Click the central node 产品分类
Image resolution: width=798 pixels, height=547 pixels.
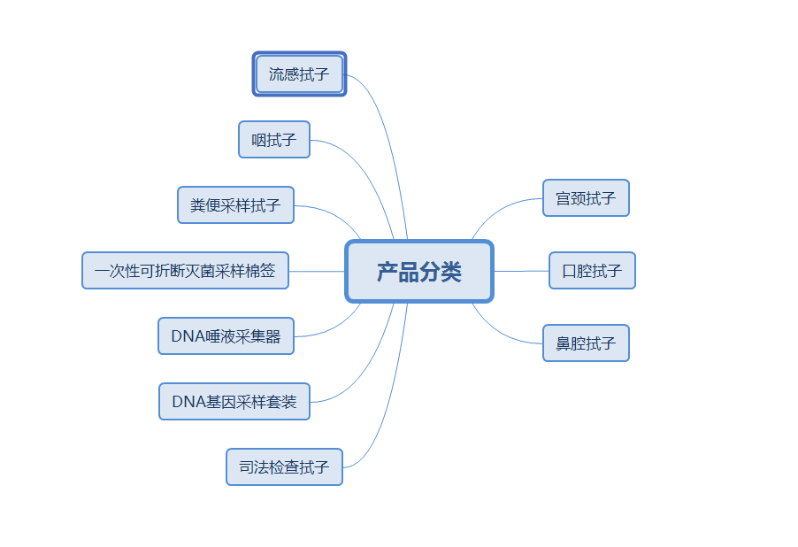[x=418, y=272]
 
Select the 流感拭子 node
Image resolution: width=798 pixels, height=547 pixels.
[x=299, y=74]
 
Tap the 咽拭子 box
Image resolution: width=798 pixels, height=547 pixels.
[x=274, y=140]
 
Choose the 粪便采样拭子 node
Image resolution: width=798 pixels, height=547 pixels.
[x=235, y=205]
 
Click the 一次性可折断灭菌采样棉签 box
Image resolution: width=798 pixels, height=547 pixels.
[x=185, y=271]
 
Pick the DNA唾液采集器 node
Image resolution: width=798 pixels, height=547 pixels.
[x=226, y=336]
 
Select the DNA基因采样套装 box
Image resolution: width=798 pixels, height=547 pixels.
[x=234, y=402]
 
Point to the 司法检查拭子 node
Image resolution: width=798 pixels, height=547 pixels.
[x=284, y=467]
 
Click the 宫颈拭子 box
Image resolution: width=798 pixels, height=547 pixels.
[x=586, y=198]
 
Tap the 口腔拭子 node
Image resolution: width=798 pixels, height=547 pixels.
[x=592, y=271]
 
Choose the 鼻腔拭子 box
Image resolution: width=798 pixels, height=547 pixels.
[x=586, y=343]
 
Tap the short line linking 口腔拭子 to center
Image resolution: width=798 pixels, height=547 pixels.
[x=521, y=271]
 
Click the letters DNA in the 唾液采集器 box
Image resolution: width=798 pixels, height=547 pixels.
[x=187, y=336]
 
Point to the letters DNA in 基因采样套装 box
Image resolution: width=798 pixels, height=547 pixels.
[x=188, y=402]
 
